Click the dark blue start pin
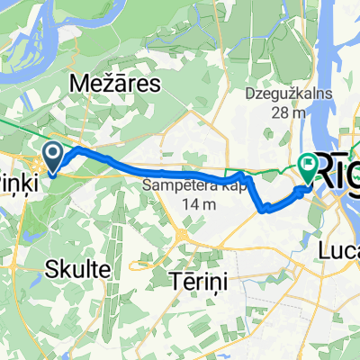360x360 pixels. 53,158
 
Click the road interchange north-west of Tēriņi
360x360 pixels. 181,236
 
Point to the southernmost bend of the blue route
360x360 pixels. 267,211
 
